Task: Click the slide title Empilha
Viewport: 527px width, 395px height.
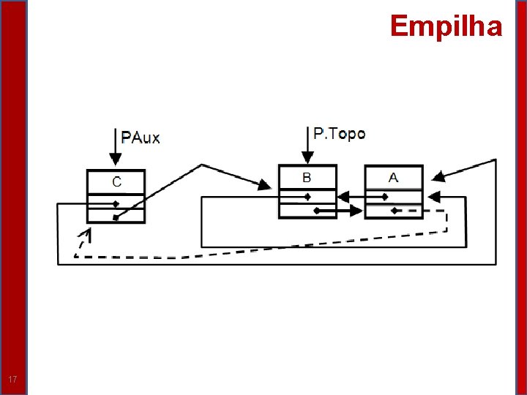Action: pyautogui.click(x=446, y=26)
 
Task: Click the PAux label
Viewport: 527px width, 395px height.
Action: pyautogui.click(x=141, y=138)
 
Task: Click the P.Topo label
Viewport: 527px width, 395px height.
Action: pyautogui.click(x=339, y=133)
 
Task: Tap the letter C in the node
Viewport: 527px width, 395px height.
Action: pyautogui.click(x=116, y=180)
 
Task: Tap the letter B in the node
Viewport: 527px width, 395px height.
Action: pyautogui.click(x=307, y=178)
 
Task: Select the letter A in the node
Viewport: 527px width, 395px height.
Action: pyautogui.click(x=393, y=178)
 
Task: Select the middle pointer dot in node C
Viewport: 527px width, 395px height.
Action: pyautogui.click(x=116, y=204)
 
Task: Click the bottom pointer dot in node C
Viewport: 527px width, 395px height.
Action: pyautogui.click(x=116, y=217)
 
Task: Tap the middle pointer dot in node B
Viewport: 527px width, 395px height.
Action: pyautogui.click(x=307, y=196)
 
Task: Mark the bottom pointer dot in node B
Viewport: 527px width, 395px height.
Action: pyautogui.click(x=316, y=211)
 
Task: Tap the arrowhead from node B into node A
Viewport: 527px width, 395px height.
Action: pyautogui.click(x=356, y=211)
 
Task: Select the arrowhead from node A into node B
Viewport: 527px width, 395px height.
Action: pyautogui.click(x=343, y=196)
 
